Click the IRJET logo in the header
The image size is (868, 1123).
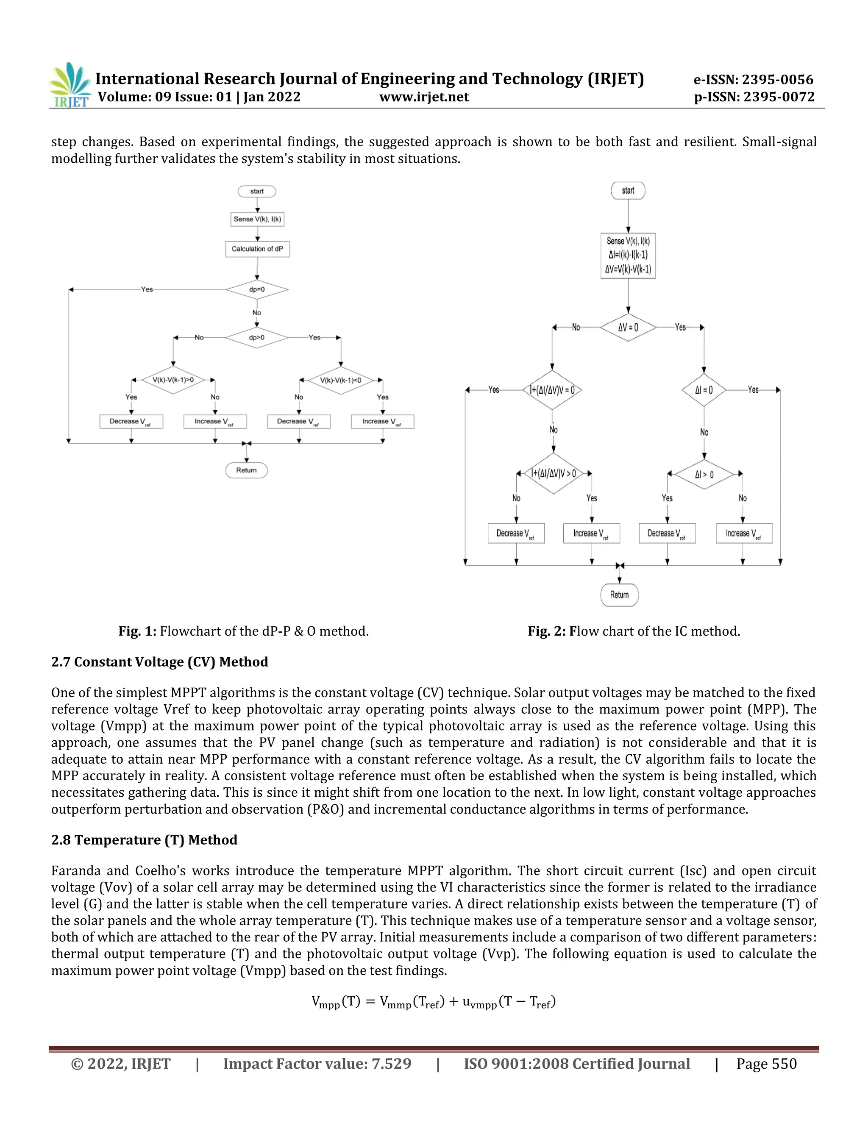70,85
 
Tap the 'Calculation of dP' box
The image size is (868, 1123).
257,249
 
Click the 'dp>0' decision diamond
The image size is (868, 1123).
256,338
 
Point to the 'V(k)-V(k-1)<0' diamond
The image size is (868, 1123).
340,381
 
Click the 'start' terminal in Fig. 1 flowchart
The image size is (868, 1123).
256,191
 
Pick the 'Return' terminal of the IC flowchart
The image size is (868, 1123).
619,595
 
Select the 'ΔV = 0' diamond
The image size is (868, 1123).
628,328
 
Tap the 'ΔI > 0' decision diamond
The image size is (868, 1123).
704,475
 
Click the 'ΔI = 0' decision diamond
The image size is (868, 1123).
704,390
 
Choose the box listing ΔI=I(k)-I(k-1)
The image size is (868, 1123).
628,256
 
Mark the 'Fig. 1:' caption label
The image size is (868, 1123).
137,631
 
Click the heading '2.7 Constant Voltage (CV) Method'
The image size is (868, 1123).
159,662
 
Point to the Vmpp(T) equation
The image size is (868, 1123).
434,1002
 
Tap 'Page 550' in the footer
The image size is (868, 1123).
766,1064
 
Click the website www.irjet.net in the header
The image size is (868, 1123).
424,97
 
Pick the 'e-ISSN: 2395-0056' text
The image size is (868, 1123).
753,80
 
